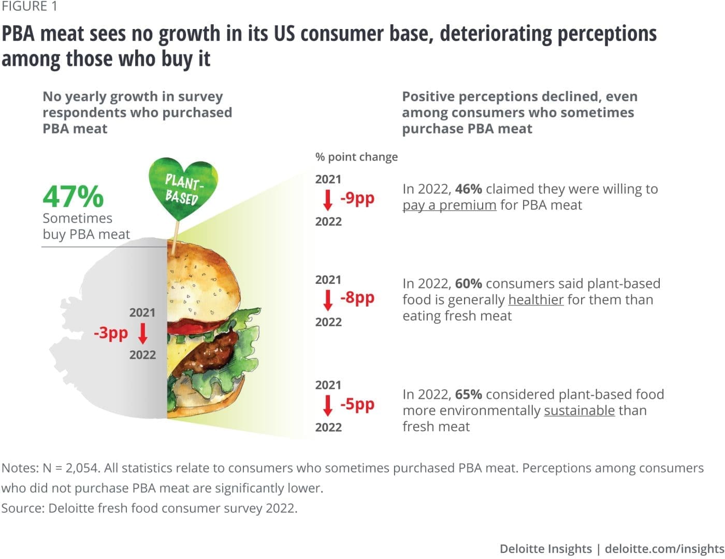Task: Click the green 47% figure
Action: [73, 197]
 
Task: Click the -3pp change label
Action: [110, 332]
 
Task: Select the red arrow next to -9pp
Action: [328, 200]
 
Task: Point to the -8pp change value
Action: [357, 297]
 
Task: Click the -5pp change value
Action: [357, 404]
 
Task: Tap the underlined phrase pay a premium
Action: [450, 205]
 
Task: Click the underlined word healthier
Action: [536, 299]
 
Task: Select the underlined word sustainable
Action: [579, 410]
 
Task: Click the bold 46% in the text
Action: [468, 189]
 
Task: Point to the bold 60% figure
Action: [468, 283]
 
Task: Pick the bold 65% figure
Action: [468, 394]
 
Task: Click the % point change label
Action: [356, 157]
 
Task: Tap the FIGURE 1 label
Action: [30, 7]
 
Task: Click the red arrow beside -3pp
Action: [143, 333]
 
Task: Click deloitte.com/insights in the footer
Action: [664, 549]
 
